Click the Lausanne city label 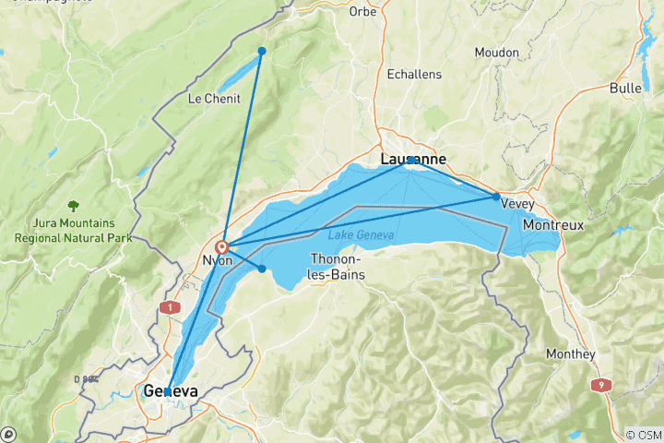[x=413, y=160]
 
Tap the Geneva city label [x=171, y=391]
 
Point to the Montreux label [x=554, y=224]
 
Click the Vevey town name [x=517, y=204]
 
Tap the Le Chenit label [x=214, y=99]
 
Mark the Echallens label [x=414, y=74]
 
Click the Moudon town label [x=497, y=53]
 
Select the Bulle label [x=626, y=88]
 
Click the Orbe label [x=363, y=11]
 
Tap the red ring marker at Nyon [x=222, y=247]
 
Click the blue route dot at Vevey [x=496, y=197]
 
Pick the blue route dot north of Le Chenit [x=262, y=51]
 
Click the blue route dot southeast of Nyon [x=262, y=269]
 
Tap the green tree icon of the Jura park [x=73, y=205]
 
